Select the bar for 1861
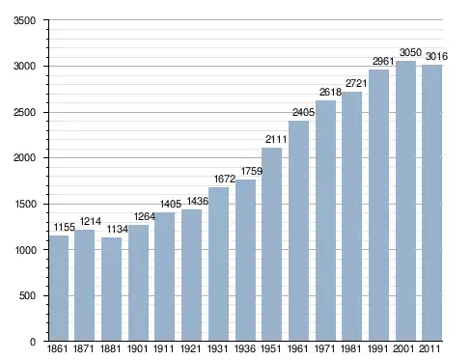[59, 288]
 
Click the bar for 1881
[111, 289]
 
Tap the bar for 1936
[245, 260]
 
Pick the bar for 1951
[271, 244]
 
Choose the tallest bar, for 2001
[405, 201]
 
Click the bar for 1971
[325, 221]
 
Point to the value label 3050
[410, 52]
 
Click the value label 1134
[118, 229]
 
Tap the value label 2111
[276, 139]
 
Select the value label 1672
[225, 179]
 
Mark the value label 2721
[356, 83]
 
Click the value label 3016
[436, 56]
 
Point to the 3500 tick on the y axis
[24, 20]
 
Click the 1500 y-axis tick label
[25, 204]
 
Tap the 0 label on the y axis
[33, 342]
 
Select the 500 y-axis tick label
[27, 295]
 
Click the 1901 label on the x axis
[137, 348]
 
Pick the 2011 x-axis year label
[429, 348]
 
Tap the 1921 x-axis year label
[190, 348]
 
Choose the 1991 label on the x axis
[377, 348]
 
